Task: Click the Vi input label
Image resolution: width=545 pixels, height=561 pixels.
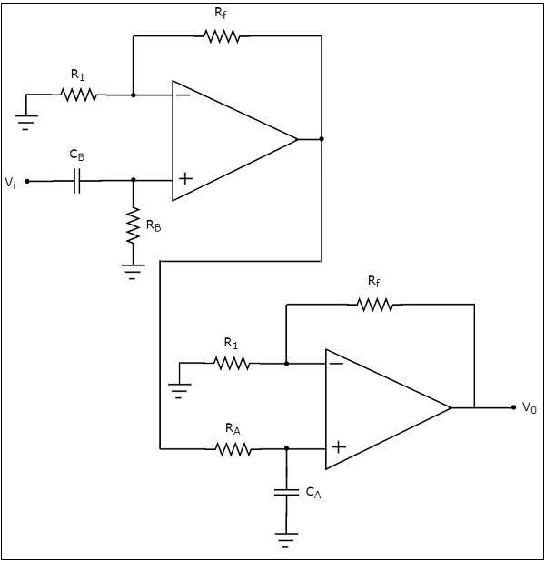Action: (x=10, y=183)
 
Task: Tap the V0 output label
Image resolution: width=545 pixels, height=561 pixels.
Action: (x=530, y=408)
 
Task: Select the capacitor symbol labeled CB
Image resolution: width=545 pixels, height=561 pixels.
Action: (x=77, y=181)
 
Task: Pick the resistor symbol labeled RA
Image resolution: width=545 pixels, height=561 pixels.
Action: (x=232, y=448)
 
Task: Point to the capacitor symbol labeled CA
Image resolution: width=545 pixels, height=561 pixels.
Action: (x=286, y=492)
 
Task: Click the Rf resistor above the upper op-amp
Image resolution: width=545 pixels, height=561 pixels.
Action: (x=222, y=36)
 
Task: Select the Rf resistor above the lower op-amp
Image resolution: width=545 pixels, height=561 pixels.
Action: (x=375, y=305)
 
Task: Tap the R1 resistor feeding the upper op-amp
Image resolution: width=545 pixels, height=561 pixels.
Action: (x=79, y=94)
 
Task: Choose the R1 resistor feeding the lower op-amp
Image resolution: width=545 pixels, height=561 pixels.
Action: (x=232, y=363)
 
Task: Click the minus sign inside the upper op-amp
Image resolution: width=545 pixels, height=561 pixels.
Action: (x=183, y=94)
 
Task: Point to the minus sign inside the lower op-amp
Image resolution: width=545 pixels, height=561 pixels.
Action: (x=337, y=363)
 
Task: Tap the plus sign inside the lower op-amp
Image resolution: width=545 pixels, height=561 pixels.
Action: (x=338, y=447)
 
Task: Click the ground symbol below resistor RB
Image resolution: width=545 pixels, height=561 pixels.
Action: (x=134, y=270)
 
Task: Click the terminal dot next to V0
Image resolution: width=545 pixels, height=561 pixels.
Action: (x=513, y=407)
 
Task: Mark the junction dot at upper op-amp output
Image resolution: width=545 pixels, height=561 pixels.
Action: (x=322, y=139)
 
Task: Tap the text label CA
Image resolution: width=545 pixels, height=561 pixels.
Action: (x=312, y=493)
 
